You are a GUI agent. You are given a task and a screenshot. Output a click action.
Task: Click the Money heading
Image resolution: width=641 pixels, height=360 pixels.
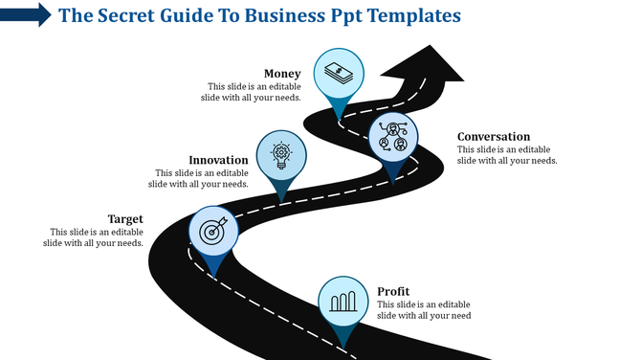(282, 74)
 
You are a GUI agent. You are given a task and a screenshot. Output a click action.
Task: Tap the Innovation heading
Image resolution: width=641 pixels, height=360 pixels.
(219, 160)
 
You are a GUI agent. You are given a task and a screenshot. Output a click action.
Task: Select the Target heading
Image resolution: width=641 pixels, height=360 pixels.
(125, 219)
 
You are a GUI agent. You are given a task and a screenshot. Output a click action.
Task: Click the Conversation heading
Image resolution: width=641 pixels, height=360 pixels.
(493, 137)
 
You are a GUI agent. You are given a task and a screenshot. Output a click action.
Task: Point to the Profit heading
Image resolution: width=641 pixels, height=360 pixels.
(393, 291)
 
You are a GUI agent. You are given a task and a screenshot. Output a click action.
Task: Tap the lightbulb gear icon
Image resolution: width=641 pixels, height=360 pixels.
(281, 154)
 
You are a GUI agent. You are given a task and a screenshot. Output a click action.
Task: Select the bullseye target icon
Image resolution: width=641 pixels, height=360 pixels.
(211, 230)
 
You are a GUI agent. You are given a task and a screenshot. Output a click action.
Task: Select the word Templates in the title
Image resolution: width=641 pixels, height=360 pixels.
(409, 15)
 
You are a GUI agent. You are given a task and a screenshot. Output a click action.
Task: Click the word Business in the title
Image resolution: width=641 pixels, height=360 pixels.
(283, 15)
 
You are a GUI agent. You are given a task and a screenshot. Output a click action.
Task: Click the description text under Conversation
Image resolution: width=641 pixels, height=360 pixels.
(507, 155)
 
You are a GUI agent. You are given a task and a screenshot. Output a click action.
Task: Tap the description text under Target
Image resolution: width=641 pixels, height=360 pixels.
(94, 237)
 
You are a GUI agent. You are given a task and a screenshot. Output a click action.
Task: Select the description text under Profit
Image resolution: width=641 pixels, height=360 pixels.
(424, 309)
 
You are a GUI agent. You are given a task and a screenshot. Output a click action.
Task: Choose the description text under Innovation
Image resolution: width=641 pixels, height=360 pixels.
(202, 178)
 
